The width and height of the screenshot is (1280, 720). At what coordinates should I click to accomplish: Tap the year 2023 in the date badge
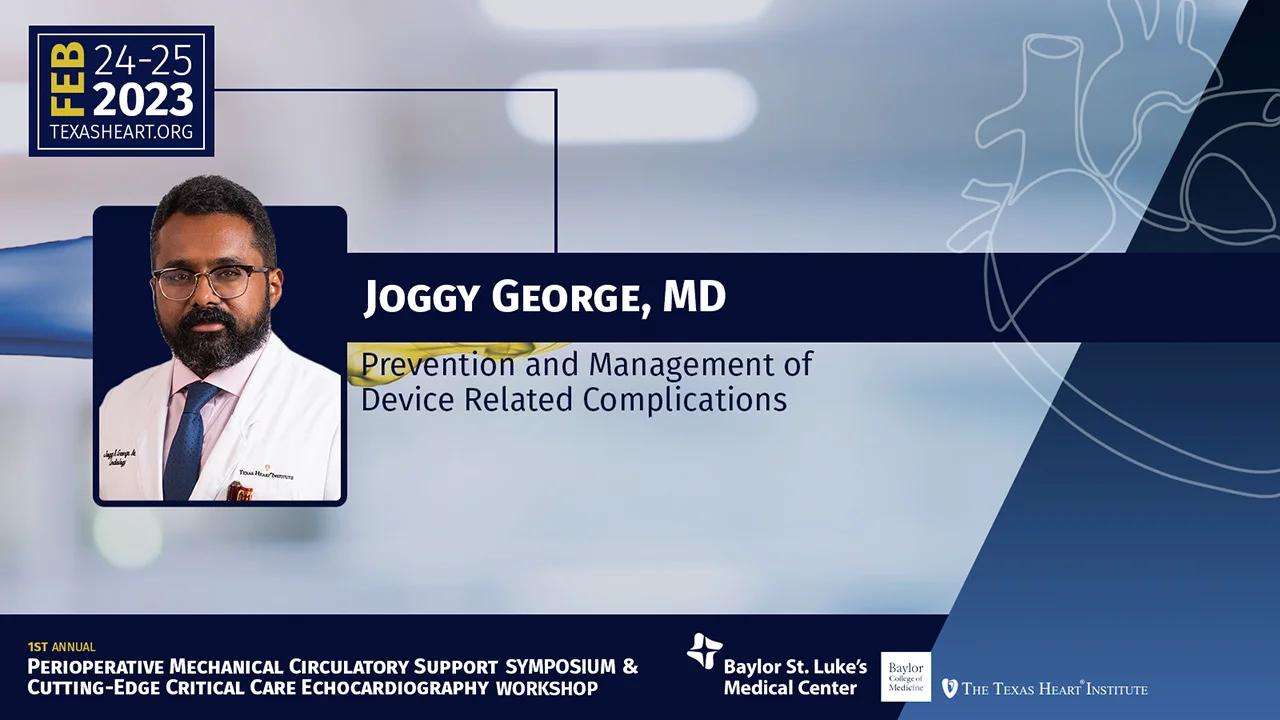point(143,100)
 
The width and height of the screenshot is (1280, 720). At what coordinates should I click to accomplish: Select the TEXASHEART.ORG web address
point(121,132)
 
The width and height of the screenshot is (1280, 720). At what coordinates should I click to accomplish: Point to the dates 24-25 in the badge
point(143,61)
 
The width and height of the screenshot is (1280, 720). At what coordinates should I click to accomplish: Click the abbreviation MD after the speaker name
point(694,297)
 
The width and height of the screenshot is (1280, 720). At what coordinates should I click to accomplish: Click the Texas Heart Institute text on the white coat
point(266,475)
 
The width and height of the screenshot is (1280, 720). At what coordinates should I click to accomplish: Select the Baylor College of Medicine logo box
point(905,676)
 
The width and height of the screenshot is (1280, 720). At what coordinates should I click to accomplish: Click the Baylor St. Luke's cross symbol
point(705,652)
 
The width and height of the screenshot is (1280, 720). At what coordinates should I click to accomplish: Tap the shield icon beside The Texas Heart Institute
point(949,688)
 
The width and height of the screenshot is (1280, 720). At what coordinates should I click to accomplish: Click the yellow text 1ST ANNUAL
point(61,647)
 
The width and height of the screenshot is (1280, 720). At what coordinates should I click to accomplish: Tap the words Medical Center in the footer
point(789,688)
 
